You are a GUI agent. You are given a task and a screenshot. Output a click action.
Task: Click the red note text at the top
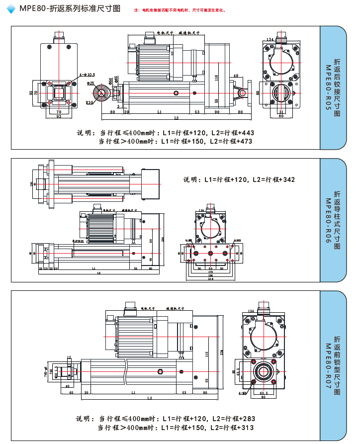(180, 10)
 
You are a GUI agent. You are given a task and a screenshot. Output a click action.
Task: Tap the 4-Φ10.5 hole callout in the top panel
(87, 75)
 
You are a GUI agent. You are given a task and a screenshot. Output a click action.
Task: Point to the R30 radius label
(90, 102)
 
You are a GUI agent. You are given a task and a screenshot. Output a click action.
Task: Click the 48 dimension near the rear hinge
(236, 76)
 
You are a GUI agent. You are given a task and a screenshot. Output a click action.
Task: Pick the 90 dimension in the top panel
(217, 112)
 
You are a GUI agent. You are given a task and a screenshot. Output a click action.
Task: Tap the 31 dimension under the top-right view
(281, 112)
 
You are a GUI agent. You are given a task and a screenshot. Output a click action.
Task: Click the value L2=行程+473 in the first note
(232, 141)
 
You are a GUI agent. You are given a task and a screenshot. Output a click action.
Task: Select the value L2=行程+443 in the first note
(232, 133)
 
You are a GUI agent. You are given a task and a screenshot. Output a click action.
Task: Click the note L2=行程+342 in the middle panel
(273, 179)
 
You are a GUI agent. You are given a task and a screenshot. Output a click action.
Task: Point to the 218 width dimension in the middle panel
(210, 279)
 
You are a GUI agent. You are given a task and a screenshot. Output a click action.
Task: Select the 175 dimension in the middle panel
(210, 272)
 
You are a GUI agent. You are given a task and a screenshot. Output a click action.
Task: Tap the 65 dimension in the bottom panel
(71, 393)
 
